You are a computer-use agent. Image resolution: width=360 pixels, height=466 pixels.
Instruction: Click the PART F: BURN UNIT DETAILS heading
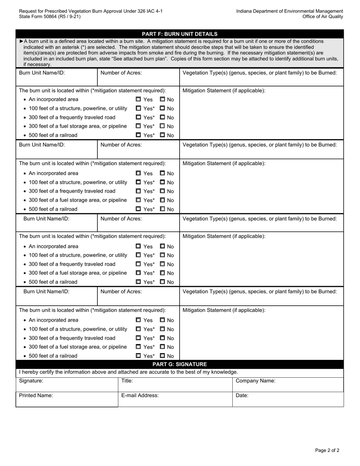pyautogui.click(x=180, y=34)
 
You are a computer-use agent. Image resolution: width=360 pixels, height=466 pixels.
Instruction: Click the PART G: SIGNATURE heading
pyautogui.click(x=180, y=364)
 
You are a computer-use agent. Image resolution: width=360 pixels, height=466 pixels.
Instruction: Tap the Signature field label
pyautogui.click(x=31, y=381)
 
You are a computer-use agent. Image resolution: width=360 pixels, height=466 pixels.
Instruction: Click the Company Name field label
pyautogui.click(x=255, y=381)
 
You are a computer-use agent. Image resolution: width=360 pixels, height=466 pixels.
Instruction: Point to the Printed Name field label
pyautogui.click(x=36, y=395)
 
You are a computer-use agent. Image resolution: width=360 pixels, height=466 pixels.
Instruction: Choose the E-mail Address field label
pyautogui.click(x=140, y=395)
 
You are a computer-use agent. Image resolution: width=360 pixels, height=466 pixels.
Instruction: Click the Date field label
pyautogui.click(x=242, y=395)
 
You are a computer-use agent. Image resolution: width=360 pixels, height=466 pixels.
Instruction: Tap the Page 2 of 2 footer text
pyautogui.click(x=327, y=450)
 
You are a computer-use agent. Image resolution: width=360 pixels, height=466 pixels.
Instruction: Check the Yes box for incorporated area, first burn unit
pyautogui.click(x=138, y=100)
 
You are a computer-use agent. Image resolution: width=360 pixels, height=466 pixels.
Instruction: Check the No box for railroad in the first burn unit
pyautogui.click(x=163, y=135)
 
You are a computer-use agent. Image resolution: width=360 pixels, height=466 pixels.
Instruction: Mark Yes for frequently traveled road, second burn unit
pyautogui.click(x=138, y=191)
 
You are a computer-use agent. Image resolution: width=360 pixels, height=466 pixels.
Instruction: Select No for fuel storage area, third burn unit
pyautogui.click(x=163, y=273)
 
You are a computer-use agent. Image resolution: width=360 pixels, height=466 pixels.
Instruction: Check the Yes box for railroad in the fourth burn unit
pyautogui.click(x=138, y=356)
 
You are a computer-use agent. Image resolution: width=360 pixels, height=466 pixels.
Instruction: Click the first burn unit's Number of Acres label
pyautogui.click(x=121, y=73)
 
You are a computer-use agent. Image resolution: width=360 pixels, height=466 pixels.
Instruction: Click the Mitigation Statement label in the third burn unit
pyautogui.click(x=224, y=236)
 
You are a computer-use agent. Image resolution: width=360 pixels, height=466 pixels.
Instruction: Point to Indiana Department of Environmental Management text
pyautogui.click(x=290, y=11)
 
